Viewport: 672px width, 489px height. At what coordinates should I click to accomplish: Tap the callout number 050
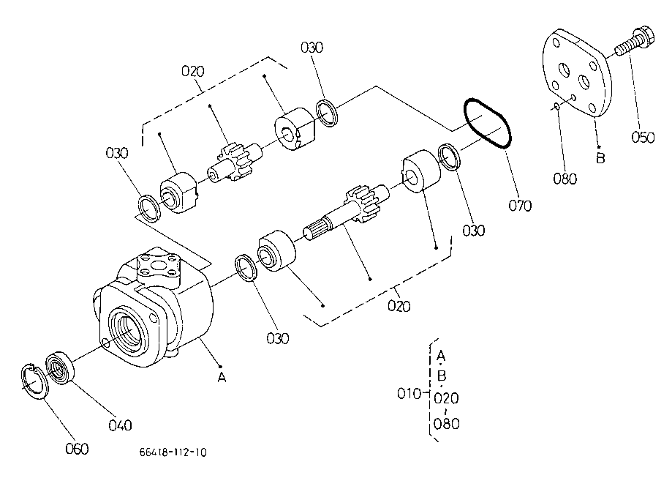pyautogui.click(x=643, y=138)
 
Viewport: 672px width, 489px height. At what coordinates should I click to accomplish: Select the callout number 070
pyautogui.click(x=520, y=206)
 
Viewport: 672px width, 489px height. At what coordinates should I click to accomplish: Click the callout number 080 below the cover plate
pyautogui.click(x=565, y=179)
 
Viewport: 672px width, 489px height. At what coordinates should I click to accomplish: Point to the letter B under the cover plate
pyautogui.click(x=601, y=158)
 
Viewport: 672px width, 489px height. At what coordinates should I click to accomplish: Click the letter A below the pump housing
pyautogui.click(x=222, y=378)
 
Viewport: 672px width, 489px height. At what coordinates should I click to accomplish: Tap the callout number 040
pyautogui.click(x=120, y=425)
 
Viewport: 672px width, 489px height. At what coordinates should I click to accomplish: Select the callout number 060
pyautogui.click(x=77, y=449)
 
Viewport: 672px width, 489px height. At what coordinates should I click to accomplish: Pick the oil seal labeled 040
pyautogui.click(x=61, y=367)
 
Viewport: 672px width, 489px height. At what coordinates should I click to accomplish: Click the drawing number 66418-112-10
pyautogui.click(x=173, y=452)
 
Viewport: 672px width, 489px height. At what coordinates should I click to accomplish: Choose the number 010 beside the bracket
pyautogui.click(x=409, y=393)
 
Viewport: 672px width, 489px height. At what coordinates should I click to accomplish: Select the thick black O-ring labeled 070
pyautogui.click(x=487, y=123)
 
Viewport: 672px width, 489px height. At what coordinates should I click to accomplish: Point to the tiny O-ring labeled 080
pyautogui.click(x=557, y=106)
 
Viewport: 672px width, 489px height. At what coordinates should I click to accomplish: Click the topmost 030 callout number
pyautogui.click(x=312, y=47)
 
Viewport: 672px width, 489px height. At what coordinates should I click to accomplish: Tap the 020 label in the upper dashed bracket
pyautogui.click(x=193, y=71)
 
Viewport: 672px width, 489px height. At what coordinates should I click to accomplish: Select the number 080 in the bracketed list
pyautogui.click(x=446, y=424)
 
